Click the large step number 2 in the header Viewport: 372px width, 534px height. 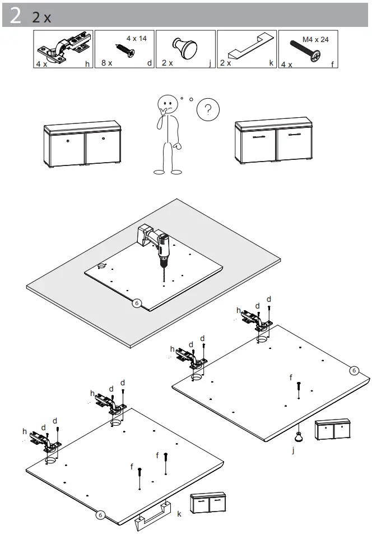(x=16, y=16)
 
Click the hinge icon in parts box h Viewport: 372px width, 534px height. (x=63, y=48)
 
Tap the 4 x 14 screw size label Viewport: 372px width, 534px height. (x=136, y=38)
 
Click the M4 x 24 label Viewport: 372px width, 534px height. (x=315, y=39)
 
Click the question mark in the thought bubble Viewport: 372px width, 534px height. (x=208, y=109)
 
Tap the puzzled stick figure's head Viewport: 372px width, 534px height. (x=167, y=105)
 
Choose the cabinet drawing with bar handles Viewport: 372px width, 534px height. (x=273, y=142)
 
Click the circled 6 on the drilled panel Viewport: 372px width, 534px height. (x=137, y=303)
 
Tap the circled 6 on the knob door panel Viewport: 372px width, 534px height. (x=354, y=370)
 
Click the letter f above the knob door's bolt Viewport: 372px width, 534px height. (x=291, y=378)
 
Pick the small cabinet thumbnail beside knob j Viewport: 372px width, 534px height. (x=333, y=430)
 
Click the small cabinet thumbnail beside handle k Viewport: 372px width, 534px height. (x=208, y=503)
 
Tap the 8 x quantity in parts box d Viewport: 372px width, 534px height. (x=107, y=63)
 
